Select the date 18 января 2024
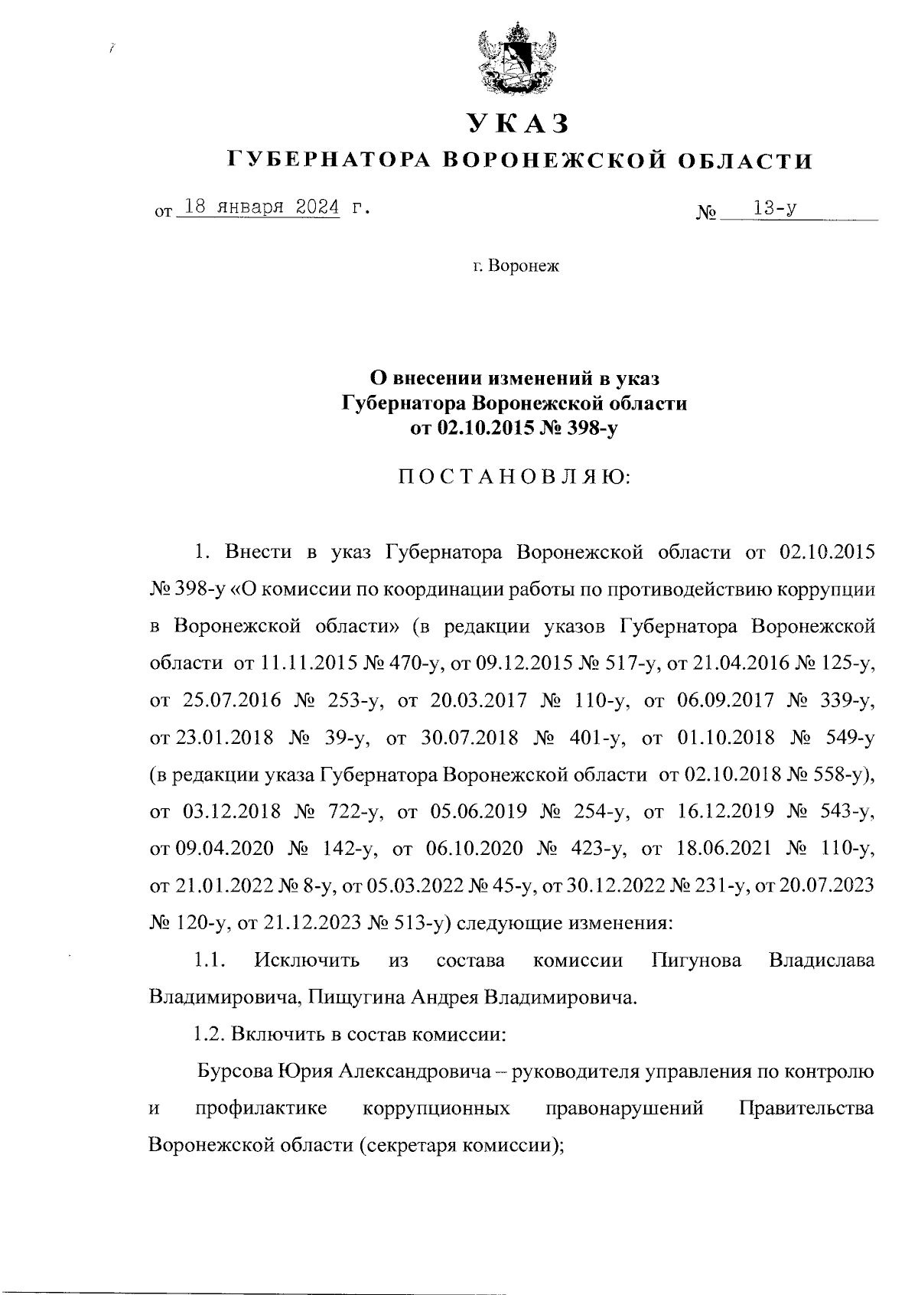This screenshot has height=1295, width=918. [x=259, y=207]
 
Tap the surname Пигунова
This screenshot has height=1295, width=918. [x=697, y=960]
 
